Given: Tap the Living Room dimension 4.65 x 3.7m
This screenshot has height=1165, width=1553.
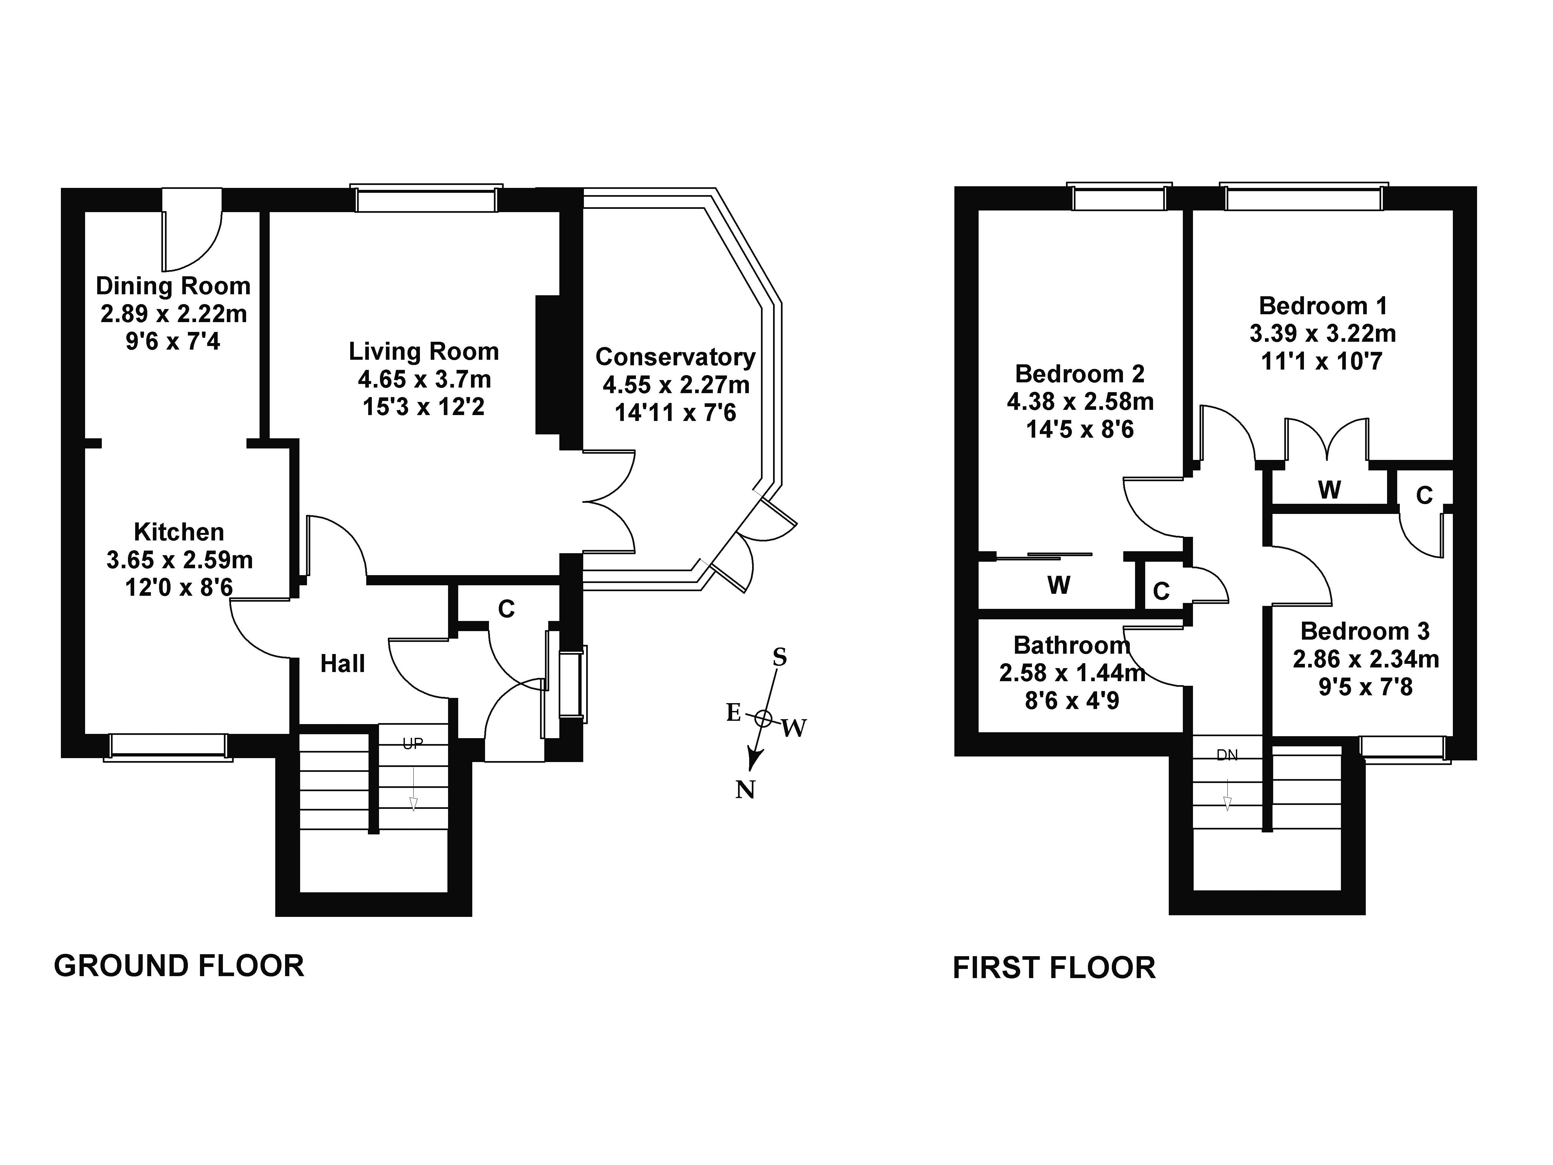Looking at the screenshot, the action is coord(424,380).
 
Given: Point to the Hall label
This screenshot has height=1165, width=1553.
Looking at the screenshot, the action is coord(343,664).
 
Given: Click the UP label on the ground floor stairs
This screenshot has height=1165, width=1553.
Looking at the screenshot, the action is coord(413,744).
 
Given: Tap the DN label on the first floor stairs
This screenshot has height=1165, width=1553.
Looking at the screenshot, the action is coord(1227,755).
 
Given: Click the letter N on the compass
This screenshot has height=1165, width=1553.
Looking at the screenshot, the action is coord(745,791).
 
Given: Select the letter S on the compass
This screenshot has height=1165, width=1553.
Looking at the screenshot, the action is coord(779,657).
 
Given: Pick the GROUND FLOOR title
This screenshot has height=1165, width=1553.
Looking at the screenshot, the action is coord(179,966).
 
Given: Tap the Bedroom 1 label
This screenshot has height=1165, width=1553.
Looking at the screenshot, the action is coord(1323,306).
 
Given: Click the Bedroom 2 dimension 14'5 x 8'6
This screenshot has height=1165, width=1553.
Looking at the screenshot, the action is coord(1080,429).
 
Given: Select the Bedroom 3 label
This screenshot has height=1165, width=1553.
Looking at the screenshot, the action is coord(1365,631).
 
